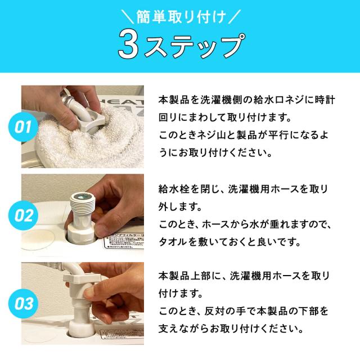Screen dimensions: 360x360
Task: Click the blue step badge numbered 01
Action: point(23,127)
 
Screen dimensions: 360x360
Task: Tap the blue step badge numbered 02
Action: point(23,215)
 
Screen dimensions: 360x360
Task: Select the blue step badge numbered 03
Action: point(23,304)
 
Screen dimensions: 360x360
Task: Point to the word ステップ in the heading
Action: point(194,45)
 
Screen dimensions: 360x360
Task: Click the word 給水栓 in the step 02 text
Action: point(174,189)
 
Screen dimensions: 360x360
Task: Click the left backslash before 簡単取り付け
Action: point(128,16)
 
